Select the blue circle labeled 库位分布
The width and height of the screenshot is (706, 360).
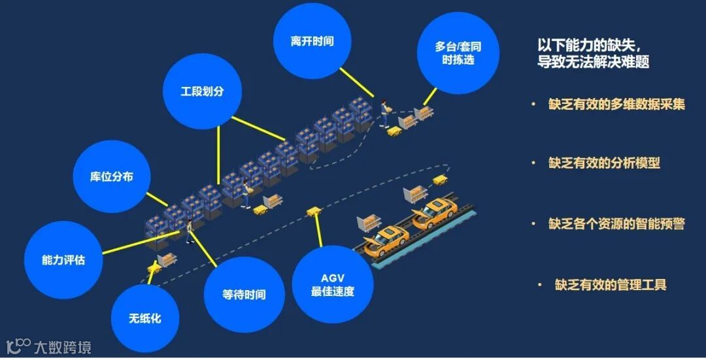click(x=111, y=176)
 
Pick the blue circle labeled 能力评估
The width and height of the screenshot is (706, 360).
click(x=63, y=259)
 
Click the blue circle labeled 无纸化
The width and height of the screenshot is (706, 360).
click(x=144, y=319)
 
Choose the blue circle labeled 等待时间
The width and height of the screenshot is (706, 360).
click(x=244, y=295)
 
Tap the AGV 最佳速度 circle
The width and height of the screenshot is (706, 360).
click(x=332, y=284)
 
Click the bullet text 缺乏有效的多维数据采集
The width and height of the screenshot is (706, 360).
click(x=616, y=104)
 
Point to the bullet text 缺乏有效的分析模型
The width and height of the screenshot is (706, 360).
click(x=604, y=163)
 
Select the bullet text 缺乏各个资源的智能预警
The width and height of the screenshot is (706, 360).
click(x=616, y=223)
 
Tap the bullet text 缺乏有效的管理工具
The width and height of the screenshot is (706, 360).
click(x=611, y=284)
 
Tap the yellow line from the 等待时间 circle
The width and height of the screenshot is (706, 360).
click(x=206, y=252)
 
